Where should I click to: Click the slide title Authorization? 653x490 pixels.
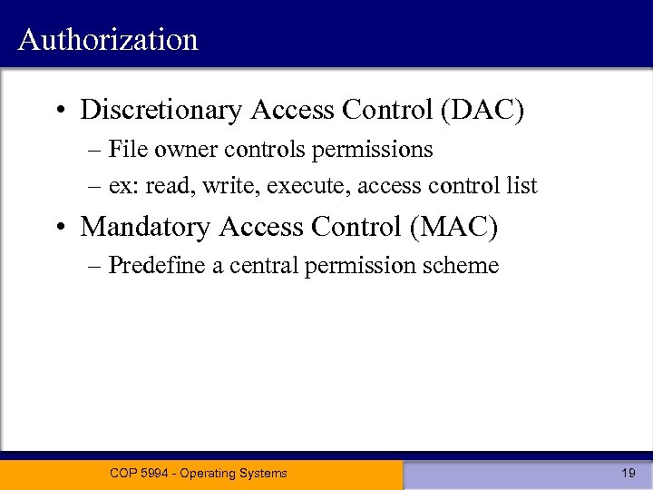(108, 40)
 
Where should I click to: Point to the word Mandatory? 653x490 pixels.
(148, 227)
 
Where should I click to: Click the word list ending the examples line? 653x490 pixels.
(521, 186)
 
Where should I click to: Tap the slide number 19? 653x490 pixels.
(628, 473)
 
